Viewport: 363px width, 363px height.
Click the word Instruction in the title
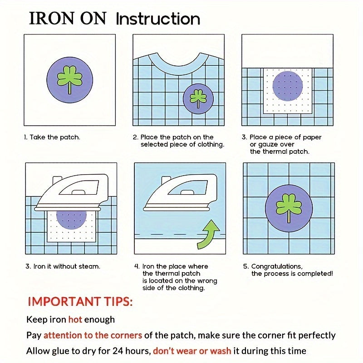tap(158, 19)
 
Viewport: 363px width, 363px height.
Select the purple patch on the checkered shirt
tap(198, 98)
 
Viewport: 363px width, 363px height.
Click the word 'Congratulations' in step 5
tap(277, 267)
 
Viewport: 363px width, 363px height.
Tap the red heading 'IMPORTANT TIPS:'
tap(80, 302)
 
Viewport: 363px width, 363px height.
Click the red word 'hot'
tap(75, 319)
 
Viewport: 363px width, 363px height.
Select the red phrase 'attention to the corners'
tap(93, 335)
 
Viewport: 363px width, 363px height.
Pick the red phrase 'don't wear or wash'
tap(192, 351)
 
